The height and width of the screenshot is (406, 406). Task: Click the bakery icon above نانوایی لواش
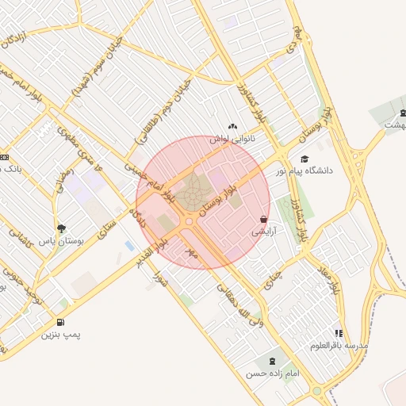tap(232, 126)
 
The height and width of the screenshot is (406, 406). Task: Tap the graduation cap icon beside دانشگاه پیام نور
tap(304, 159)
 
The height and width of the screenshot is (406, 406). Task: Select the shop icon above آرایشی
tap(263, 219)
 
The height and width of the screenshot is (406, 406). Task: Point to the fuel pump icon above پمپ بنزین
tap(62, 322)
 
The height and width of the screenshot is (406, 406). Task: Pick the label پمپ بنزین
tap(63, 335)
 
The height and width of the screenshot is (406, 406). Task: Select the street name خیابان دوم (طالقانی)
tap(163, 109)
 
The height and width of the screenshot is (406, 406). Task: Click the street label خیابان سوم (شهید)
tap(106, 67)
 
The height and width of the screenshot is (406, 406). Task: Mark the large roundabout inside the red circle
tap(191, 195)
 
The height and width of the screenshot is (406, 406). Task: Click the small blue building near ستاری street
tap(129, 246)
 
